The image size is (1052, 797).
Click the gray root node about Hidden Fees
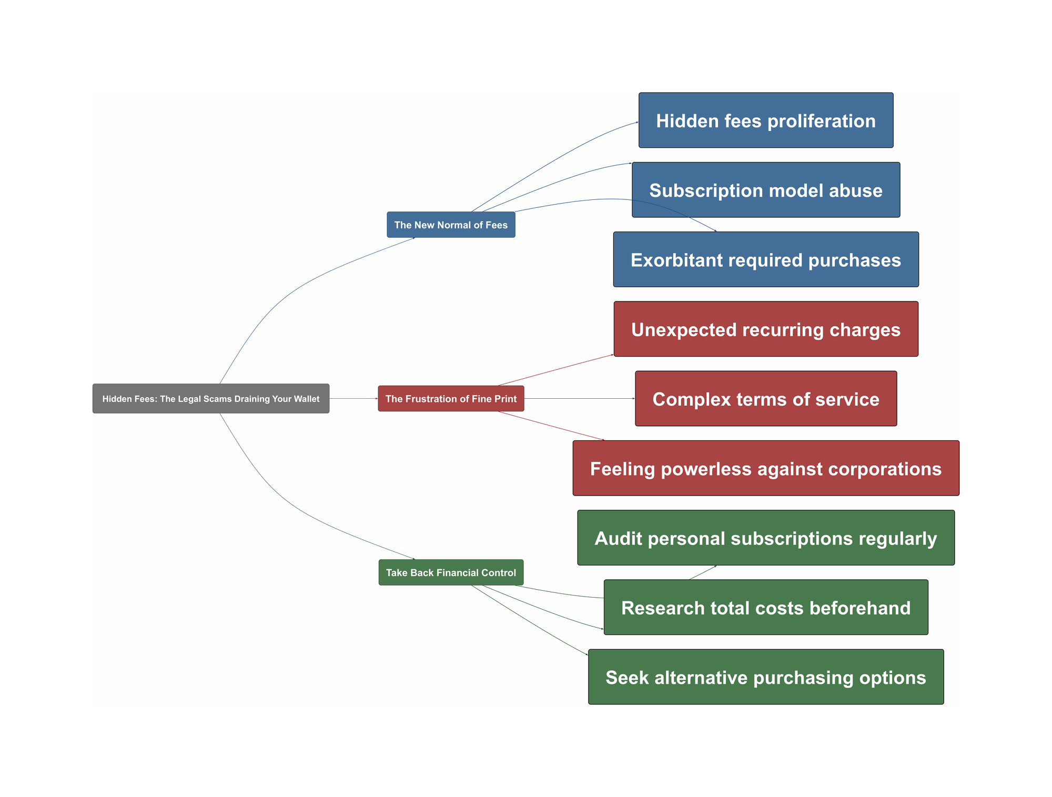pos(211,398)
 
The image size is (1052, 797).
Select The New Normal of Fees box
pos(451,225)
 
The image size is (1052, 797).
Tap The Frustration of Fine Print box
pos(451,398)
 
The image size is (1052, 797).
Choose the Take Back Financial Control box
pos(451,572)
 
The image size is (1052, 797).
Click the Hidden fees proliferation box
pos(766,120)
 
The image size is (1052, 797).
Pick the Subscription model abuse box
pos(766,190)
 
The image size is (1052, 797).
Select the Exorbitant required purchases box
pos(766,259)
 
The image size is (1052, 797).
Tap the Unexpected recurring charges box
pos(766,329)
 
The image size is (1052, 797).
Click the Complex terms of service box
pos(766,398)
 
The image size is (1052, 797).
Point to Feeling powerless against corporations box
pos(766,468)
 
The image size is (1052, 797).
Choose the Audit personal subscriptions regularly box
pos(766,538)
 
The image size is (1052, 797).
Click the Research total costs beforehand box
pos(766,607)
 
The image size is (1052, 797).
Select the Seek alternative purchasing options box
pos(766,677)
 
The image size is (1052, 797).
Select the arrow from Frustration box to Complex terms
pos(579,398)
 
